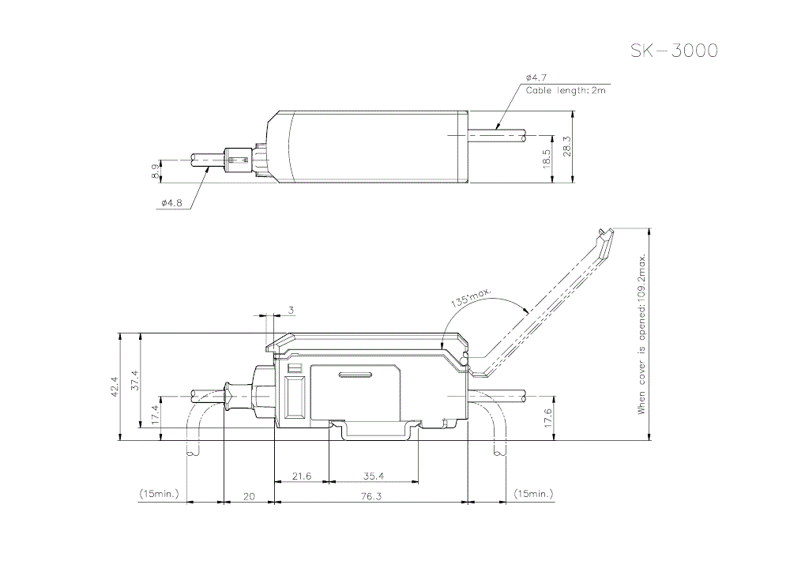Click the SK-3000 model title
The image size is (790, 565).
coord(674,51)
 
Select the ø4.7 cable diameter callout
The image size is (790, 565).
coord(536,77)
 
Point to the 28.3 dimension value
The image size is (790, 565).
coord(566,147)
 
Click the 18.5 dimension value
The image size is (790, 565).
coord(546,158)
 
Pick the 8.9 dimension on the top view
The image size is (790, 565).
coord(155,170)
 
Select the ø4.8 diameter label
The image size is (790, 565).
coord(171,203)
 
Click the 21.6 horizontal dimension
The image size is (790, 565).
coord(302,476)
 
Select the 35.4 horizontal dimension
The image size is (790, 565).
coord(373,476)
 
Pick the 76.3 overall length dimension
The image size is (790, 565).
coord(371,496)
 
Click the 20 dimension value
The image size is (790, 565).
coord(249,496)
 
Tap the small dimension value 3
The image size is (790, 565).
coord(291,311)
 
